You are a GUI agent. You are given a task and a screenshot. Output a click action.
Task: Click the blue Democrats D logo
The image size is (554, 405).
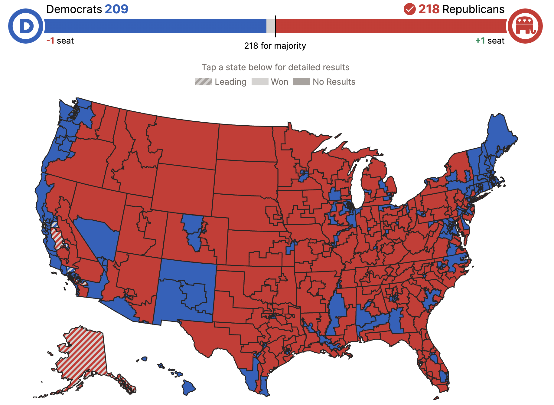(26, 26)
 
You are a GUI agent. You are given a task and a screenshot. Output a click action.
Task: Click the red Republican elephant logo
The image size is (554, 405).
(525, 26)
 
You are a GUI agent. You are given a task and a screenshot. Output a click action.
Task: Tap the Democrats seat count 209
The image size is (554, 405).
(117, 9)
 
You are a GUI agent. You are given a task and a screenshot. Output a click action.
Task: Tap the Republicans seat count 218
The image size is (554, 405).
(429, 9)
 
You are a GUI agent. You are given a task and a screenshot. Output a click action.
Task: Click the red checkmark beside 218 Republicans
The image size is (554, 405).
(409, 9)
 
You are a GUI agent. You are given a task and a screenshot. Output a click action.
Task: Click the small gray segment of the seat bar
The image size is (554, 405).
(271, 26)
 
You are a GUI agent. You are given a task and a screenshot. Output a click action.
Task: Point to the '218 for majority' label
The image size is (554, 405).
(275, 46)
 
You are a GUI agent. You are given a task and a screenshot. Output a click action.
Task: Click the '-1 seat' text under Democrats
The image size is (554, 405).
(60, 41)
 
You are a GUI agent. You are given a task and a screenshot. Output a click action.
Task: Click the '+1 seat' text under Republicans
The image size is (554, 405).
(490, 41)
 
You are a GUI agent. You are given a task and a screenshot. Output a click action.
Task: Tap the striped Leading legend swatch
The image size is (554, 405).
(204, 82)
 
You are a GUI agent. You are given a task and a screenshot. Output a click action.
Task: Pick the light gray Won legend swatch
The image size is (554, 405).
(260, 82)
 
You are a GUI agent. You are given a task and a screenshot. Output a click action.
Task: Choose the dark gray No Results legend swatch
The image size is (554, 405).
(301, 82)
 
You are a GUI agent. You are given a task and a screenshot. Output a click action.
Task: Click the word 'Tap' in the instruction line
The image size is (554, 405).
(209, 67)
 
